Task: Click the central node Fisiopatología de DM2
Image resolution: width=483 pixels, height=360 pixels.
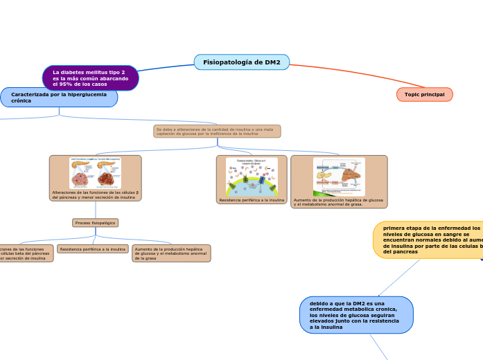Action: pos(241,62)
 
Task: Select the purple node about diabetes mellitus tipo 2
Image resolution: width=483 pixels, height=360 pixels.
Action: pos(90,78)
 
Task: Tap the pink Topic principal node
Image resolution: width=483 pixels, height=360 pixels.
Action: pos(424,94)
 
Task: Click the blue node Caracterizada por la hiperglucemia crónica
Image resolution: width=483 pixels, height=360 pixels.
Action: pos(59,97)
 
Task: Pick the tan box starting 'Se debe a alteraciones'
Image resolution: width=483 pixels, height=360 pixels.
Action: pos(217,131)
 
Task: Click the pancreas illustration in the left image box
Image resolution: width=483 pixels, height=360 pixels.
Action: pos(95,173)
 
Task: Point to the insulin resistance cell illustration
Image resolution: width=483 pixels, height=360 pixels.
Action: pos(252,177)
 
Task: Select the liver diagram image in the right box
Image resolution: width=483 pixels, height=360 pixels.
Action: pos(339,177)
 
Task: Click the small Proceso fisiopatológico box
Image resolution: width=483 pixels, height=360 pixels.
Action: pos(95,223)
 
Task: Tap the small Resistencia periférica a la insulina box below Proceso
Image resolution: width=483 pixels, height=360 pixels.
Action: pos(93,249)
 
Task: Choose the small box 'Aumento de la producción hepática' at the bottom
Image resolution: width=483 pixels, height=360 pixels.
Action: pos(171,253)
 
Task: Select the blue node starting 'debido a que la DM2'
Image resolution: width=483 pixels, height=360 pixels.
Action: pos(356,315)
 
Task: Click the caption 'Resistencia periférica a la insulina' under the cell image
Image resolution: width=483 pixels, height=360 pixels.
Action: pos(252,200)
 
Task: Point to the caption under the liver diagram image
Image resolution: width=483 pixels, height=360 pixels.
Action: pos(338,202)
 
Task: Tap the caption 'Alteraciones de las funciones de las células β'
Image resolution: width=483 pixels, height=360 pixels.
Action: pos(95,195)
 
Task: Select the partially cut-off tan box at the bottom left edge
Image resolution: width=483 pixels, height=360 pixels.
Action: pos(25,253)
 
